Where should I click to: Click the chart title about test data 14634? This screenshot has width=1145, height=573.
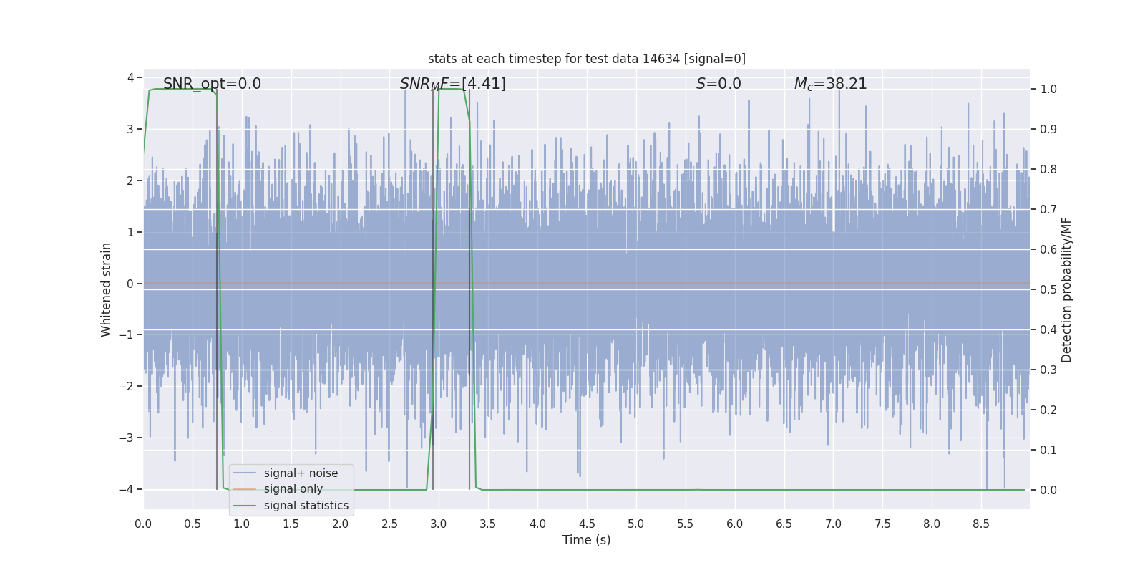click(586, 59)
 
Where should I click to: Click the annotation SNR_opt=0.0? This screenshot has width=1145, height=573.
click(212, 84)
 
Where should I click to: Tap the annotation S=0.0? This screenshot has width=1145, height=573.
click(718, 84)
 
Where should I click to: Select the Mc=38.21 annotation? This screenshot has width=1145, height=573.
click(830, 84)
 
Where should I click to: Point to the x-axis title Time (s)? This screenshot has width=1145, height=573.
click(586, 540)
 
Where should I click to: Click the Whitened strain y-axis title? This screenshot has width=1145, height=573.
click(107, 289)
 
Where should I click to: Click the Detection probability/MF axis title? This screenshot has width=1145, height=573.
click(1066, 289)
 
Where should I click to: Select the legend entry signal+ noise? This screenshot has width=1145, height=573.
click(301, 473)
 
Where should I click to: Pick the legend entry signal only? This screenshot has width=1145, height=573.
click(293, 489)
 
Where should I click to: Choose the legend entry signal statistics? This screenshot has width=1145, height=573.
click(306, 506)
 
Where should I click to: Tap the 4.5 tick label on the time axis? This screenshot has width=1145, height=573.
click(587, 524)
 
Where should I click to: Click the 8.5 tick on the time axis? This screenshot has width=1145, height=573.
click(981, 524)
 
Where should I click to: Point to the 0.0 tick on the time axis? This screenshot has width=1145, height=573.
click(143, 524)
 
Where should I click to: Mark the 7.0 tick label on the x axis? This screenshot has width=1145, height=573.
click(833, 524)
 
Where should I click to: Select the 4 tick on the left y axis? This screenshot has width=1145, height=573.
click(130, 77)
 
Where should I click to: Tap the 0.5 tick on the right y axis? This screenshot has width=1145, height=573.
click(1048, 289)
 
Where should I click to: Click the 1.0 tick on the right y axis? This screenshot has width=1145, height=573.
click(1048, 90)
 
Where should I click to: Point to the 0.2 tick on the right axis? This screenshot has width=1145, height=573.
click(1048, 410)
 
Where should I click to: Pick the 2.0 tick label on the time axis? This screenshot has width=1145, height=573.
click(340, 524)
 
